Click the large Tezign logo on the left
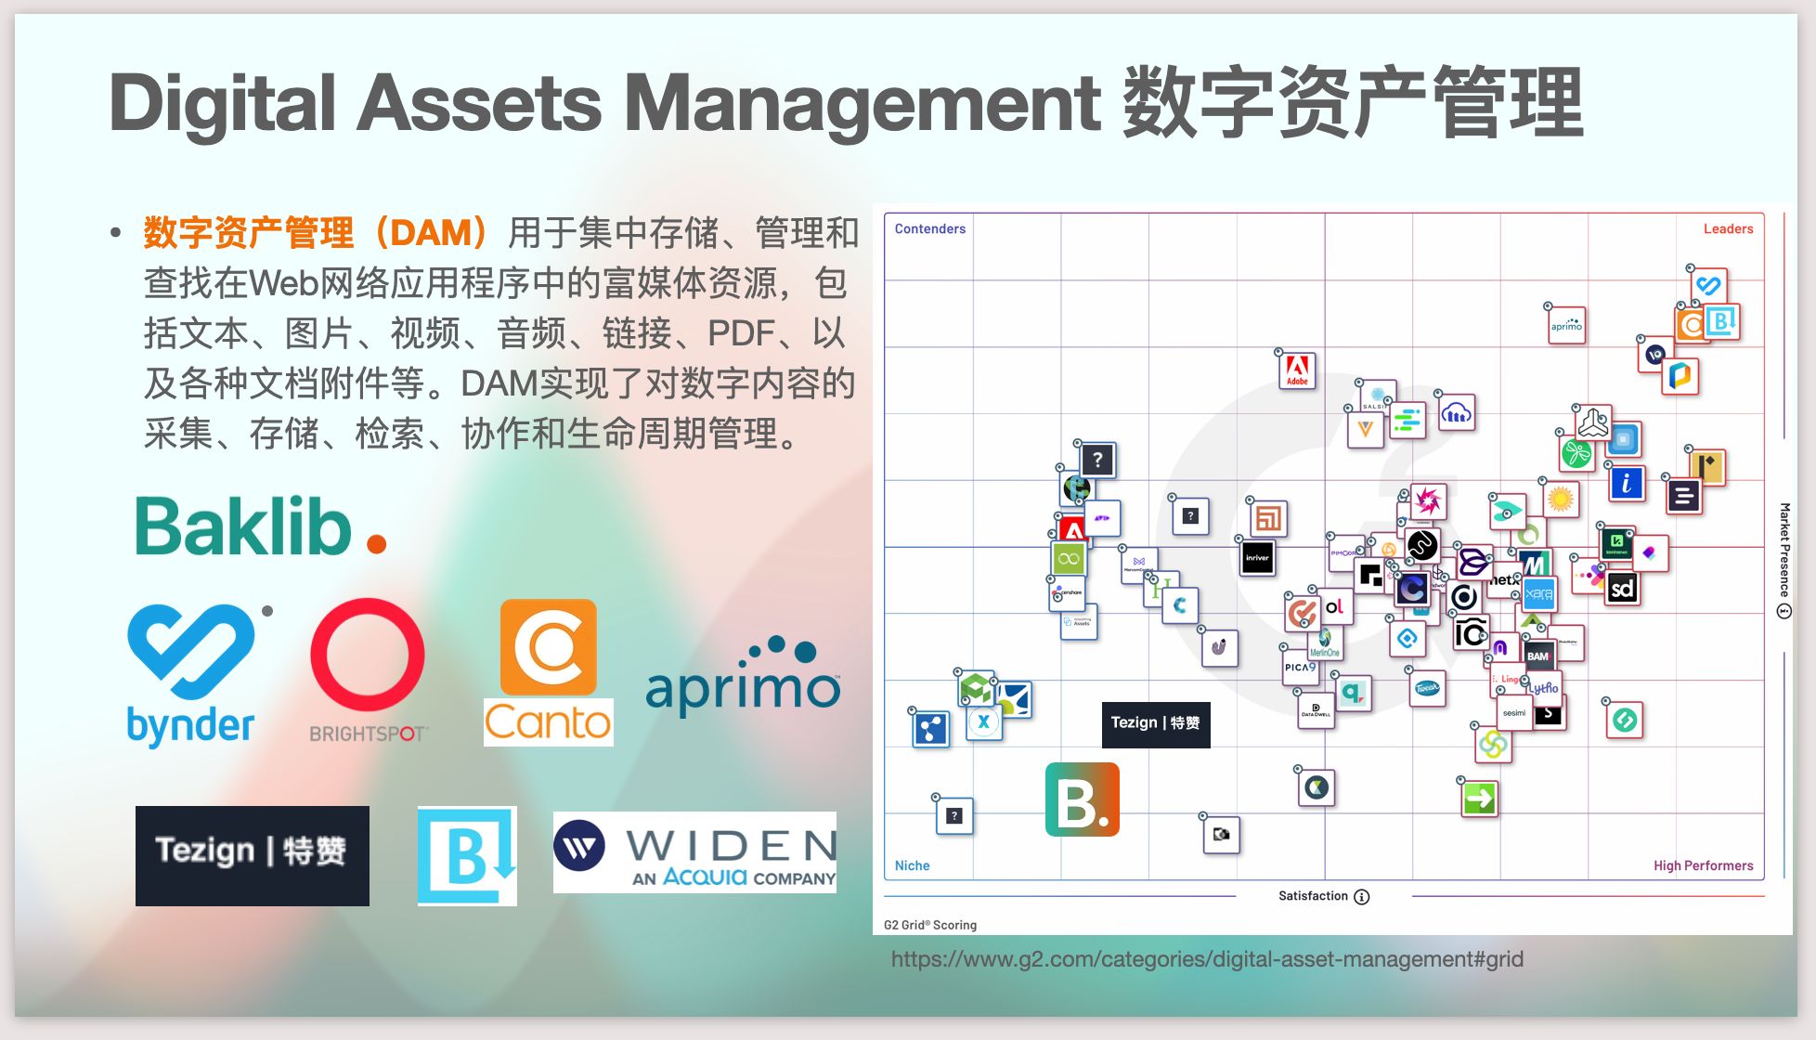[252, 855]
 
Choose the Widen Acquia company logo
[694, 852]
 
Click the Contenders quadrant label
[929, 229]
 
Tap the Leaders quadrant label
[1728, 229]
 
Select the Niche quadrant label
[912, 865]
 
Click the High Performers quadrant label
[1703, 865]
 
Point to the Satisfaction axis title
[1313, 896]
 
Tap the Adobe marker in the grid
[1297, 370]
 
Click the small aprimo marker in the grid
[1566, 326]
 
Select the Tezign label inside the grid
[1156, 723]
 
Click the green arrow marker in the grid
[1479, 798]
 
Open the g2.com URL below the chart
[1207, 959]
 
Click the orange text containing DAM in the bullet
[316, 232]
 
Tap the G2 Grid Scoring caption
[929, 925]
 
